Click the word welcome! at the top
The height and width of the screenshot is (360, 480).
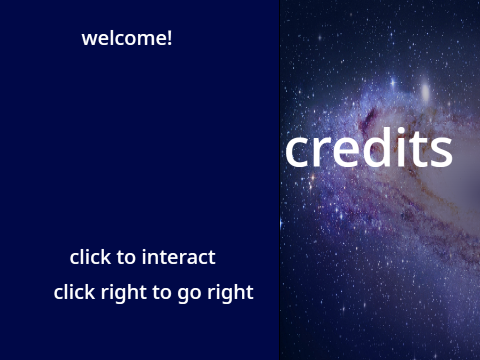point(127,38)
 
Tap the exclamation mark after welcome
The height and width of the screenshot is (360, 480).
point(169,38)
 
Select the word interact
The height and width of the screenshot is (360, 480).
point(179,257)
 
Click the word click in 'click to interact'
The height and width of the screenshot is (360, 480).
point(90,257)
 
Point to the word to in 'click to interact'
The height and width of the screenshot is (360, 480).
point(126,257)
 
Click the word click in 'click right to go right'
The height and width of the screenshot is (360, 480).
point(74,292)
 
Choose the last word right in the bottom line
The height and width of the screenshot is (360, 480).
point(230,293)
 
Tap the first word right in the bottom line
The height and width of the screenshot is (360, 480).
point(124,293)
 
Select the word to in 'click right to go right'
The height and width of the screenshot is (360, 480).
point(162,292)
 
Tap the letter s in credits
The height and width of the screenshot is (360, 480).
point(441,152)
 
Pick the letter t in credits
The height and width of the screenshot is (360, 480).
point(418,149)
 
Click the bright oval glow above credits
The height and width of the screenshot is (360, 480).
point(425,91)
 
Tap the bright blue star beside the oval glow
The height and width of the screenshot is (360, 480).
point(393,83)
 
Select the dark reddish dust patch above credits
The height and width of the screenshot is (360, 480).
point(369,119)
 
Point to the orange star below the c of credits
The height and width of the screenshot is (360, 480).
point(313,177)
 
